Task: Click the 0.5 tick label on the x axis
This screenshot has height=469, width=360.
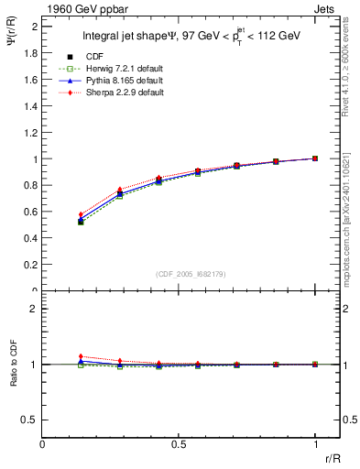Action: coord(179,444)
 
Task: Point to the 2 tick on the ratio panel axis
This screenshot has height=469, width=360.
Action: coord(35,309)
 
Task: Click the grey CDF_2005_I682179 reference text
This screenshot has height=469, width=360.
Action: coord(191,273)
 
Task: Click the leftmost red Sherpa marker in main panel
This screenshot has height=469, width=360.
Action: coord(81,214)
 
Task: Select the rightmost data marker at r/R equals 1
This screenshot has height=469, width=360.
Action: coord(315,158)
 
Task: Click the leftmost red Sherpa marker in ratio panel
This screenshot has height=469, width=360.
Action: coord(81,356)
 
